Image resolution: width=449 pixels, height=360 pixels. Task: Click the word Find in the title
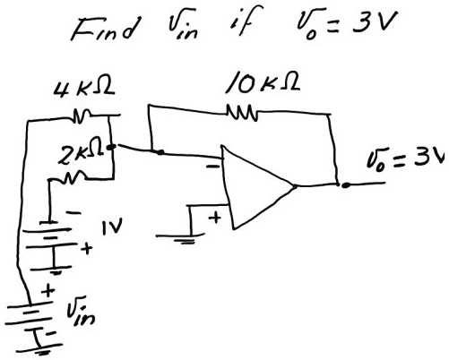coord(105,29)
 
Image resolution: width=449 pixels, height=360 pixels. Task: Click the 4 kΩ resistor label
coord(84,89)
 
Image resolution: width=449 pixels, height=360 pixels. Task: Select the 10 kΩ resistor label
coord(263,81)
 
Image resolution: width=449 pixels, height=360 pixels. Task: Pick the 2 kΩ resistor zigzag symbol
coord(72,177)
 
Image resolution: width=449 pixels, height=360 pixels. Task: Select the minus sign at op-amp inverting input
coord(212,167)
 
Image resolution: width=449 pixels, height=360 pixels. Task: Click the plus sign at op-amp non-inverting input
coord(215,218)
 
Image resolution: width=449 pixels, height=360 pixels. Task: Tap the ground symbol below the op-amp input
coord(182,238)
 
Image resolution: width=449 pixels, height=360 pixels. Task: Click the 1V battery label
coord(112,228)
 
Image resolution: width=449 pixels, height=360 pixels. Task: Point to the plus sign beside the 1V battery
coord(87,248)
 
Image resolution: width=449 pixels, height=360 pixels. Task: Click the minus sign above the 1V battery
coord(73,213)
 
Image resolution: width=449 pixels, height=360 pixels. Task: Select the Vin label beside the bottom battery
coord(81,311)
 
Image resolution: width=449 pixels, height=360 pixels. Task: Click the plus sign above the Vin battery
coord(48,290)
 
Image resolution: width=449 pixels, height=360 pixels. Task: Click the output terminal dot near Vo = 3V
coord(346,185)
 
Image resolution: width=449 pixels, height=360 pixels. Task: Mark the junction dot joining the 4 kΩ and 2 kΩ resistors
coord(112,147)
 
